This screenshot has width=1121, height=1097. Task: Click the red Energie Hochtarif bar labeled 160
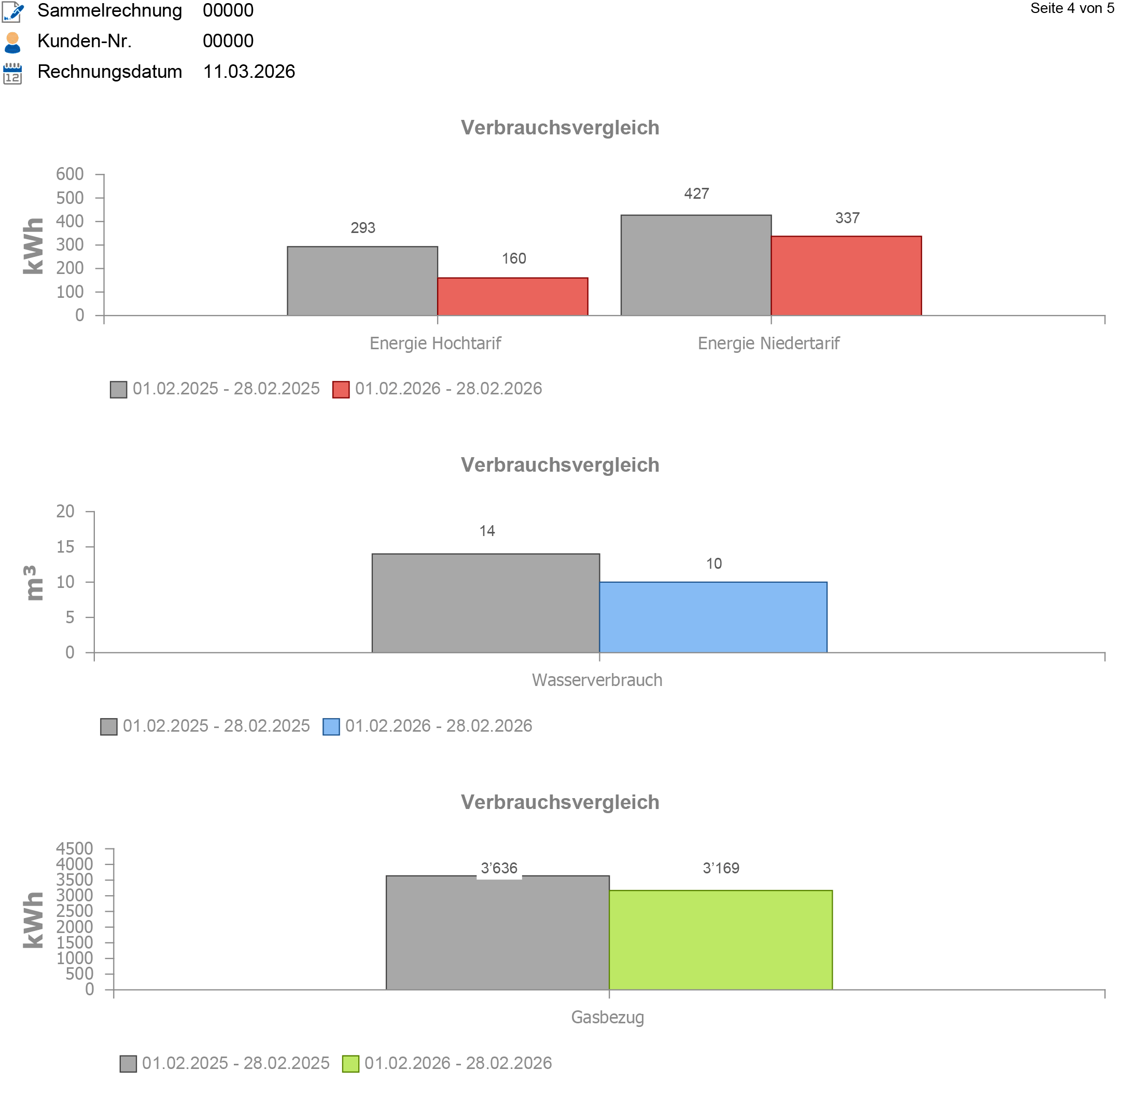512,296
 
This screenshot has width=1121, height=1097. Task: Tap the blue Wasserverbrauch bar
713,617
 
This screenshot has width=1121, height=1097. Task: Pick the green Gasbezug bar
720,940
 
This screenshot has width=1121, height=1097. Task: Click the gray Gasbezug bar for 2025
497,933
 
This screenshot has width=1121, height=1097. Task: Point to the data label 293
363,228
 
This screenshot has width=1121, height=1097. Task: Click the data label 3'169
721,868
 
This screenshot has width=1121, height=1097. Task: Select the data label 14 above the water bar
487,531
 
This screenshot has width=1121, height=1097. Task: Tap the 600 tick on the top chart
70,174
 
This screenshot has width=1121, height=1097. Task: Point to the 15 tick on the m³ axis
66,547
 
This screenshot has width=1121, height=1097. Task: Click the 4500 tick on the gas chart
75,848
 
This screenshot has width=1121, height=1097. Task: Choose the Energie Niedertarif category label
768,344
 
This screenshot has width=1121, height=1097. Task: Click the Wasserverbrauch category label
597,680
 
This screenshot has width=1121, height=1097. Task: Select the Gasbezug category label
607,1017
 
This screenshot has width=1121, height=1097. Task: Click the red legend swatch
341,390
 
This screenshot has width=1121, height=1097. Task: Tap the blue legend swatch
331,726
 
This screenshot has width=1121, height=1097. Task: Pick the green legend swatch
350,1064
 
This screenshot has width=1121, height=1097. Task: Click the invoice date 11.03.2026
249,72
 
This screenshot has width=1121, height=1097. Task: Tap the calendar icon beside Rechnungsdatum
12,73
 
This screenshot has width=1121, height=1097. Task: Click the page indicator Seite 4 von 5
1072,9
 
